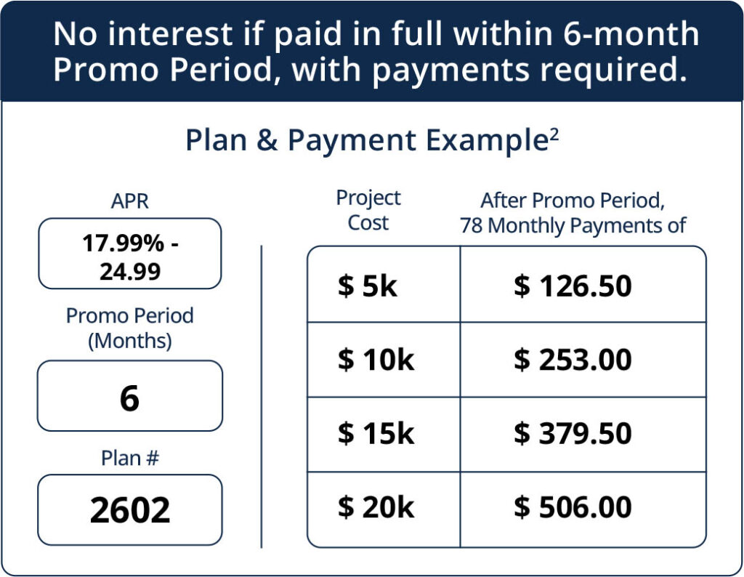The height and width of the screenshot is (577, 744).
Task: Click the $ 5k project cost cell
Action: tap(368, 286)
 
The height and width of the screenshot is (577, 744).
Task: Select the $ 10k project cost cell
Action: tap(376, 360)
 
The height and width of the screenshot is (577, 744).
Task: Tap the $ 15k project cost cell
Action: tap(376, 434)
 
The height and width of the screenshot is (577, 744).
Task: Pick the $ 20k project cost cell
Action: tap(376, 508)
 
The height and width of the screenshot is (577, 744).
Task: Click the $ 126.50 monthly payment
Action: tap(573, 286)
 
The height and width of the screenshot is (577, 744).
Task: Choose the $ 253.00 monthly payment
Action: tap(573, 360)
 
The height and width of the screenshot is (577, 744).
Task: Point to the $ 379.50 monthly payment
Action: tap(573, 434)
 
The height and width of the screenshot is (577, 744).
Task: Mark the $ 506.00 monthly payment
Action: tap(573, 508)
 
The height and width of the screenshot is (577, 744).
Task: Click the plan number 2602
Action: tap(130, 510)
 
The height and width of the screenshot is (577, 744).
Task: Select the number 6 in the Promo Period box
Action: tap(129, 398)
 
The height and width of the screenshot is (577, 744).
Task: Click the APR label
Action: tap(129, 201)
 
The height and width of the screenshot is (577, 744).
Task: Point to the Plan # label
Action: tap(129, 458)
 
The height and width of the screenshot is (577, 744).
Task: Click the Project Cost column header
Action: tap(368, 210)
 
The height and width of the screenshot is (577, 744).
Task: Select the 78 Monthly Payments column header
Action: tap(573, 225)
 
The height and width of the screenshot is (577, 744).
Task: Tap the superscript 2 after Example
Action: tap(554, 133)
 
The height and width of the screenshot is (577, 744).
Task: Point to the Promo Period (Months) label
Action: tap(129, 328)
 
